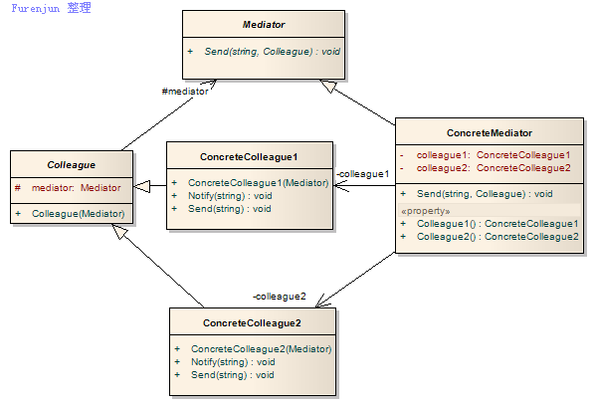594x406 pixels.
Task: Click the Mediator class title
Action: click(x=264, y=25)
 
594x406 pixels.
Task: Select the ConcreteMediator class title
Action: click(x=490, y=133)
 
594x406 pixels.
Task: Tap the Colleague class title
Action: click(x=72, y=165)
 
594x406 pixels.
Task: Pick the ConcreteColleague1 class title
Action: click(x=249, y=157)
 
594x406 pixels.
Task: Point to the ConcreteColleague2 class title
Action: click(x=252, y=323)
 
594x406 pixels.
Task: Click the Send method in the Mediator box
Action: click(x=272, y=52)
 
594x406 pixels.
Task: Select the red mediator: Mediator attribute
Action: click(x=77, y=187)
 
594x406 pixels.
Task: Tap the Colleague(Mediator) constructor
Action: click(x=78, y=214)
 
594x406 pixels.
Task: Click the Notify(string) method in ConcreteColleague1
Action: click(x=230, y=196)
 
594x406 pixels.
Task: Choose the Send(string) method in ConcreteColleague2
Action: click(x=232, y=375)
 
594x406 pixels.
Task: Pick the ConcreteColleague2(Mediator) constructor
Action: click(x=261, y=349)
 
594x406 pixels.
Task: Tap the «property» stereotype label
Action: click(x=426, y=211)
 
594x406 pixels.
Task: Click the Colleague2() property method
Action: click(x=497, y=237)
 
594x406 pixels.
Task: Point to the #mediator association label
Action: click(x=185, y=92)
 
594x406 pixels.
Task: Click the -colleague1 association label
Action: click(x=363, y=174)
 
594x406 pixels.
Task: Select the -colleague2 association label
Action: click(x=280, y=297)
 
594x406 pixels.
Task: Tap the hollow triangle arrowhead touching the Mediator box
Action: click(x=328, y=86)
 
